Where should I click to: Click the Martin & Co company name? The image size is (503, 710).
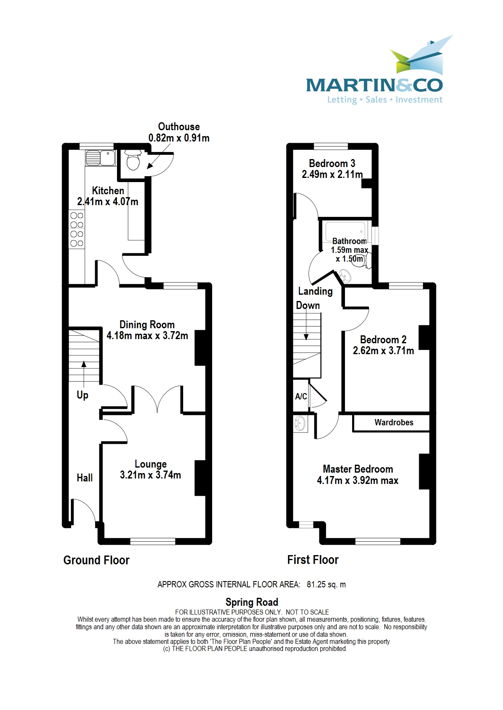pos(374,85)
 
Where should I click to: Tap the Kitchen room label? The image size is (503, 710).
pos(108,191)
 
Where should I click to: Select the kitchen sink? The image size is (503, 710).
pos(101,158)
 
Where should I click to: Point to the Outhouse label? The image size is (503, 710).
pos(179,127)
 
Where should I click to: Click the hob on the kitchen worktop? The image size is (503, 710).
pos(77,229)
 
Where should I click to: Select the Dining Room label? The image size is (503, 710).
pos(147,325)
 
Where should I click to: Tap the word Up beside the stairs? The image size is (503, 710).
pos(83,395)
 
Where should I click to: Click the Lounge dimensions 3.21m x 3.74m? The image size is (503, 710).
pos(150,475)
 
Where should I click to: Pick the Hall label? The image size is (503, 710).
pos(85,478)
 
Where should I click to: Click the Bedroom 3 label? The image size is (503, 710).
pos(332,164)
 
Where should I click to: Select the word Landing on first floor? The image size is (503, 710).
pos(315,291)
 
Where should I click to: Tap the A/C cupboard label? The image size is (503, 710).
pos(301,396)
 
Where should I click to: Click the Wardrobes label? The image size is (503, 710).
pos(394,423)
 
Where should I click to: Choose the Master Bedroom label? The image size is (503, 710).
pos(358,469)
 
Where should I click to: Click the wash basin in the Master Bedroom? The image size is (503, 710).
pos(300,424)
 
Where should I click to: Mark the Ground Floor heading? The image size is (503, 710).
pos(96,560)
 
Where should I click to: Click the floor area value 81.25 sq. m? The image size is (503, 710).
pos(326,584)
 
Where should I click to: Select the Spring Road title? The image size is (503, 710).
pos(251,602)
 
